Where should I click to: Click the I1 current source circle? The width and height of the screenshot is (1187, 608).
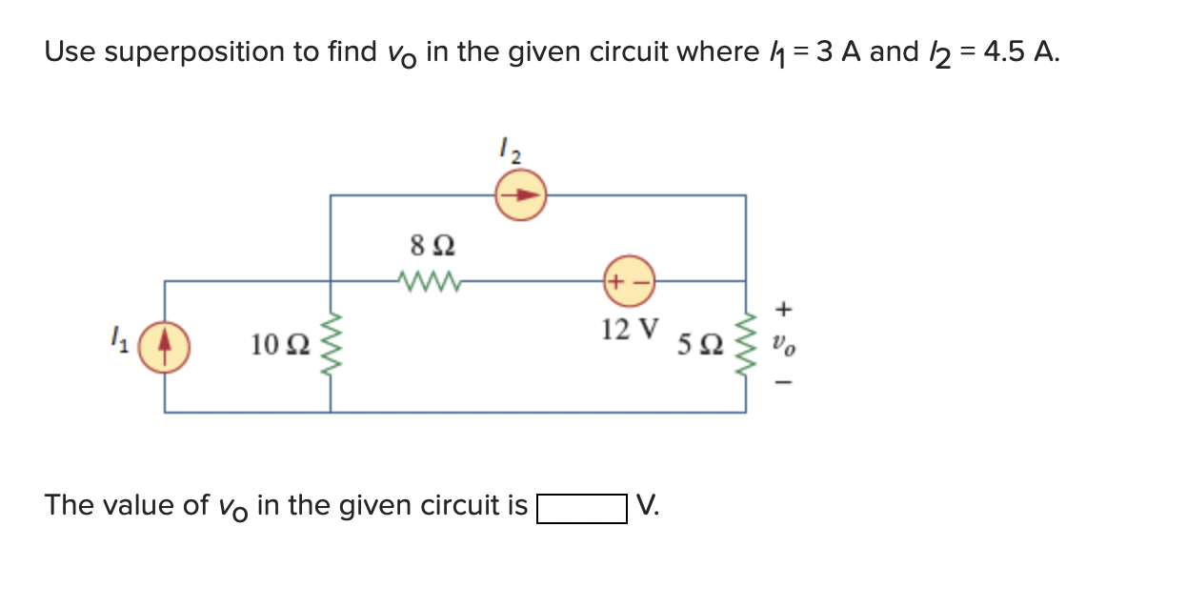click(x=165, y=347)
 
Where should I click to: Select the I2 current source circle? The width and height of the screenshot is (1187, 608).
click(x=520, y=195)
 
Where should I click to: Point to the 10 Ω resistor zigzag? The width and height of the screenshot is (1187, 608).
click(x=331, y=347)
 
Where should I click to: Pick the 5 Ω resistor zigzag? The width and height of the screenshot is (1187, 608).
click(x=746, y=347)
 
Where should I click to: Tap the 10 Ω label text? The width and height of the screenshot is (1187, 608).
click(x=279, y=345)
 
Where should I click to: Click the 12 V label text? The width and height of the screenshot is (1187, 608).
click(x=630, y=330)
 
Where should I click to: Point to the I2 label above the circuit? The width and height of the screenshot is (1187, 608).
click(x=511, y=151)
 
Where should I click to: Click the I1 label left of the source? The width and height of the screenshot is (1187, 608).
click(x=119, y=337)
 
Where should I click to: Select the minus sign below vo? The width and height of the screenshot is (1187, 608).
click(x=783, y=384)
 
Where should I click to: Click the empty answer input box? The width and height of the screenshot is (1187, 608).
click(x=581, y=507)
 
